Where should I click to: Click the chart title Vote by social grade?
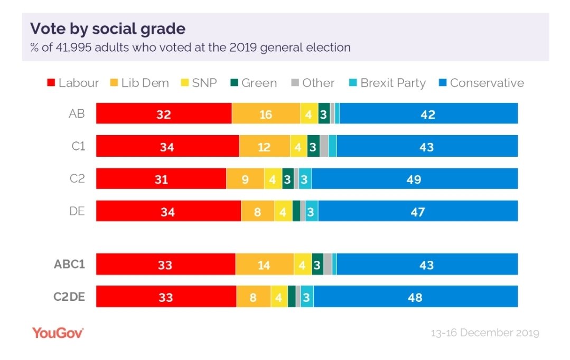pyautogui.click(x=108, y=29)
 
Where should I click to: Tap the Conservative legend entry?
pyautogui.click(x=481, y=83)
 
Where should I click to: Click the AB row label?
pyautogui.click(x=77, y=113)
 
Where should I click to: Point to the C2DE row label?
pyautogui.click(x=69, y=297)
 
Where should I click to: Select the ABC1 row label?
pyautogui.click(x=69, y=264)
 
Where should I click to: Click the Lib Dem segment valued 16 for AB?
pyautogui.click(x=265, y=114)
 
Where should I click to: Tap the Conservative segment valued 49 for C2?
pyautogui.click(x=415, y=179)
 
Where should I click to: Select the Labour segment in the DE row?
pyautogui.click(x=168, y=212)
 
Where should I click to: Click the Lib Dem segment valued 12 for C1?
pyautogui.click(x=264, y=147)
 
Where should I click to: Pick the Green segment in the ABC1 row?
pyautogui.click(x=317, y=264)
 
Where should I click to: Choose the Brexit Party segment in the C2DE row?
pyautogui.click(x=307, y=297)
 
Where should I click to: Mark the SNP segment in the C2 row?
pyautogui.click(x=273, y=179)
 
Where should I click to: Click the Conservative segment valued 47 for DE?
pyautogui.click(x=418, y=212)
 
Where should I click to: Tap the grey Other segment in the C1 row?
pyautogui.click(x=324, y=147)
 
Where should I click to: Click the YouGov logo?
pyautogui.click(x=58, y=333)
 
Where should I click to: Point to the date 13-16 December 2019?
pyautogui.click(x=484, y=333)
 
